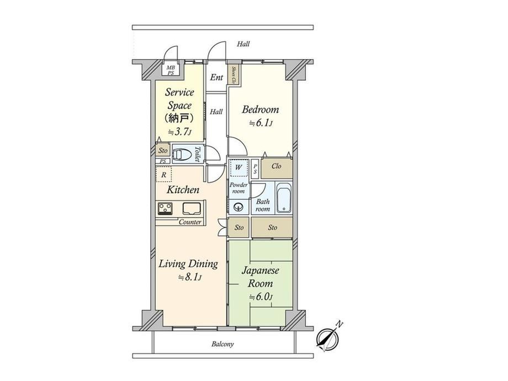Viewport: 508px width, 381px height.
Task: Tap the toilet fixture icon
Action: click(182, 154)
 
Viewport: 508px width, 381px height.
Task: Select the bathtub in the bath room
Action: click(284, 198)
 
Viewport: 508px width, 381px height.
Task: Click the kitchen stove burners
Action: click(165, 208)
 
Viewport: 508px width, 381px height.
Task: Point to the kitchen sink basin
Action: click(192, 209)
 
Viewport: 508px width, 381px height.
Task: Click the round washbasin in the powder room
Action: click(239, 206)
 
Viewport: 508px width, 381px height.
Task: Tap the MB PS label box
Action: click(171, 70)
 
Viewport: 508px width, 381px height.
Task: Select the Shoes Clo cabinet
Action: click(234, 75)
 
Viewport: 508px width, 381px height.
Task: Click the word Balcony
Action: click(223, 344)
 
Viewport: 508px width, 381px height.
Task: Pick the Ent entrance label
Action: click(216, 77)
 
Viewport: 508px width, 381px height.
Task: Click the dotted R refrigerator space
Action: click(164, 174)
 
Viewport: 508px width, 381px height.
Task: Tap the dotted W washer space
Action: click(239, 167)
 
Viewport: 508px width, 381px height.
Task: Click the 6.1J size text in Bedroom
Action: click(261, 123)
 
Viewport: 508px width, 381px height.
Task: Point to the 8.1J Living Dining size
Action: click(190, 277)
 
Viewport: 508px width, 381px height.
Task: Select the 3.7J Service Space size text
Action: click(180, 132)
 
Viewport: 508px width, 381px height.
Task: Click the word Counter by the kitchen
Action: click(190, 222)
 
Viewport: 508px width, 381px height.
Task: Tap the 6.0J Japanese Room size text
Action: click(261, 297)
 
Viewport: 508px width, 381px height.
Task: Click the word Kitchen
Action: click(183, 189)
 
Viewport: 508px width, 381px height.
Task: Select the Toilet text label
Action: click(198, 155)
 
